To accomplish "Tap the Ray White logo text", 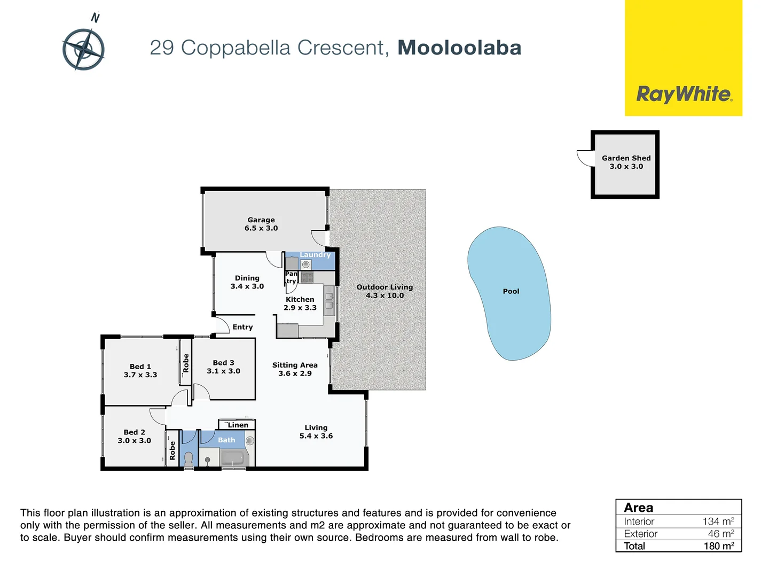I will click(x=684, y=95).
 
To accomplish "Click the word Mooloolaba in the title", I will click(x=459, y=48).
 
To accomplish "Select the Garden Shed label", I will click(x=626, y=162).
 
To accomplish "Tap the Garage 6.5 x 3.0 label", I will click(x=261, y=224).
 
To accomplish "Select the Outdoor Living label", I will click(x=384, y=291).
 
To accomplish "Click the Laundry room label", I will click(x=315, y=255).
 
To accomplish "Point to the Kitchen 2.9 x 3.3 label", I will click(x=300, y=303).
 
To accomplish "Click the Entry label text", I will click(x=242, y=327).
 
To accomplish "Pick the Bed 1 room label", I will click(x=140, y=371).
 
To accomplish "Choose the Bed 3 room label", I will click(x=223, y=367).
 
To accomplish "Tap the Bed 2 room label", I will click(x=134, y=436).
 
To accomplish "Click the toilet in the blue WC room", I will click(x=189, y=459).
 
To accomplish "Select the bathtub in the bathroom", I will click(x=233, y=458).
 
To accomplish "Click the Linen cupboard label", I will click(x=238, y=425).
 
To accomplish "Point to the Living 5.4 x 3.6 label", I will click(x=316, y=432).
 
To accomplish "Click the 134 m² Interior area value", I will click(x=718, y=521).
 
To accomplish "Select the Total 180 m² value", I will click(x=718, y=546).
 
